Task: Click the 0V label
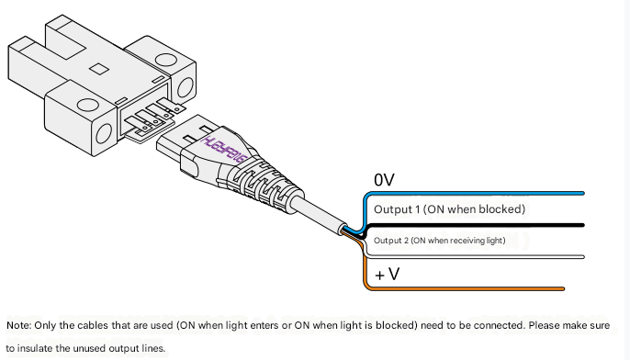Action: (x=384, y=180)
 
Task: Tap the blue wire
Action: (x=474, y=194)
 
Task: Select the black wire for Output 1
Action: (x=474, y=225)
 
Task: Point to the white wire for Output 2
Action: (x=474, y=257)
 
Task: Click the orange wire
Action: (x=462, y=288)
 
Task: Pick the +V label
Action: (x=387, y=275)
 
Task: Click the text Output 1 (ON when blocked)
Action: (x=450, y=209)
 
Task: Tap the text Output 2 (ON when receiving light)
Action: (x=440, y=241)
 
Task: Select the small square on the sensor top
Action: (x=99, y=68)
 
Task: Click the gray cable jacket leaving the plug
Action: (x=321, y=212)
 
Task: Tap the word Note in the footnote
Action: (x=18, y=325)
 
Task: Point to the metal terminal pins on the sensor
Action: (x=154, y=118)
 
